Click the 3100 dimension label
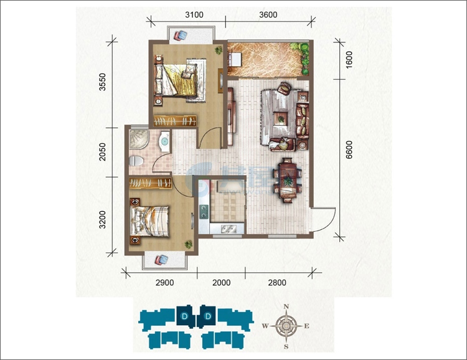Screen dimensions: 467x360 (x=194, y=14)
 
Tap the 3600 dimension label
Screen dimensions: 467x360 (x=268, y=14)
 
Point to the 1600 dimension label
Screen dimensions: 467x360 (x=349, y=60)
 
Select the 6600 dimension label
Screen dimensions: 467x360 (x=349, y=150)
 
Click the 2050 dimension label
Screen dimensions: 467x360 (x=103, y=152)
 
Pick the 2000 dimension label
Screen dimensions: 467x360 (x=221, y=282)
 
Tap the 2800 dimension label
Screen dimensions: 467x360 (x=277, y=282)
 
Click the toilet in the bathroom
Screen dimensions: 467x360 (x=136, y=161)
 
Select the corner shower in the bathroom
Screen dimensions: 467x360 (x=139, y=139)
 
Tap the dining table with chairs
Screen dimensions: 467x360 (x=288, y=180)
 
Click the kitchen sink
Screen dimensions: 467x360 (x=228, y=229)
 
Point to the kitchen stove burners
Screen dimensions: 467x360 (x=204, y=211)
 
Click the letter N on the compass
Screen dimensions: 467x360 (x=286, y=306)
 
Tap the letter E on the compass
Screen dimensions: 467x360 (x=306, y=326)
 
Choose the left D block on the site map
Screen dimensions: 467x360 (x=184, y=316)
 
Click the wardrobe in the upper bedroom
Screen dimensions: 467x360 (x=175, y=121)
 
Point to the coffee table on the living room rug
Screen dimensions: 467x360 (x=281, y=118)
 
